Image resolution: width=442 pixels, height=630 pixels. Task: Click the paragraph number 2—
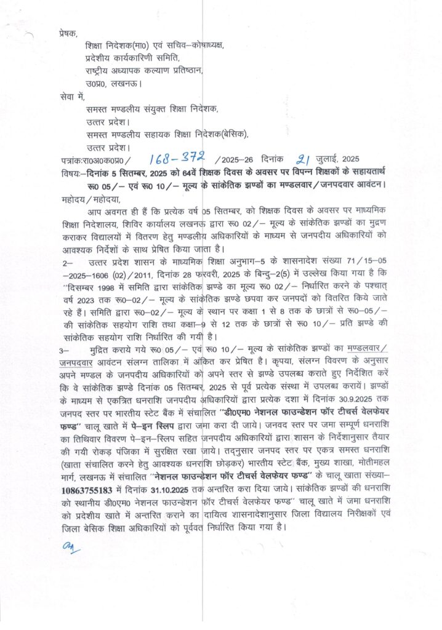pyautogui.click(x=66, y=263)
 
